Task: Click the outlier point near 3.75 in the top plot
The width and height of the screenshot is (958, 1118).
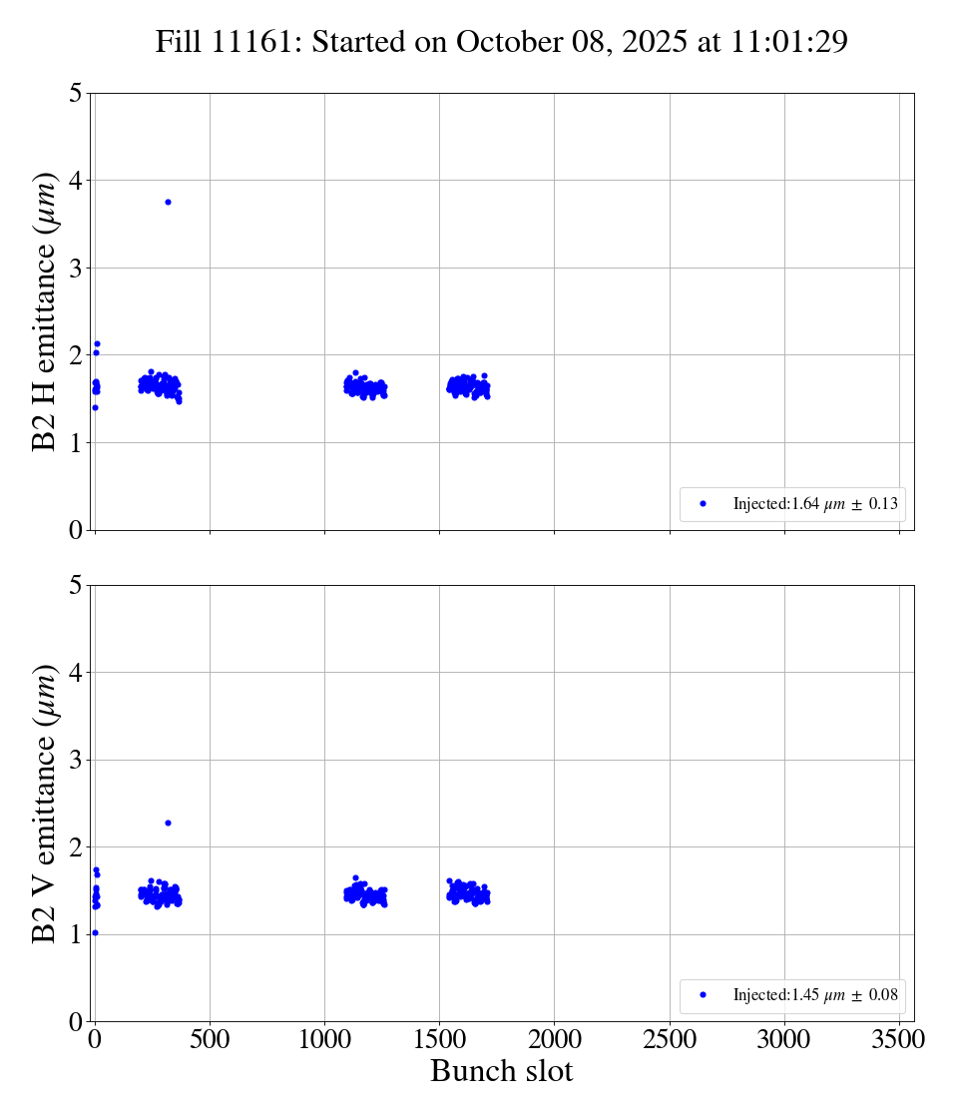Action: pyautogui.click(x=168, y=202)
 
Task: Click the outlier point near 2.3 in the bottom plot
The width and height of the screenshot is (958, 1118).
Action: pyautogui.click(x=168, y=823)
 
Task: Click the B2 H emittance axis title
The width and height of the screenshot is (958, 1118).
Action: pyautogui.click(x=45, y=311)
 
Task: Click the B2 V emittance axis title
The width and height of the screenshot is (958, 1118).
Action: pyautogui.click(x=45, y=803)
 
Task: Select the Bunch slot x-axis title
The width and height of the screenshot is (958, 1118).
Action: pyautogui.click(x=502, y=1071)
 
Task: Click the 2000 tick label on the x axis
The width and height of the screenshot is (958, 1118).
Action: pyautogui.click(x=555, y=1039)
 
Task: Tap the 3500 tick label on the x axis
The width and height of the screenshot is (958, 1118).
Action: pyautogui.click(x=899, y=1039)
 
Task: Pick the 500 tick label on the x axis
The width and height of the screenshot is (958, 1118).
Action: pyautogui.click(x=210, y=1039)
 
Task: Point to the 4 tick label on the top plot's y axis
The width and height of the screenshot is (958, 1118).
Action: pyautogui.click(x=76, y=181)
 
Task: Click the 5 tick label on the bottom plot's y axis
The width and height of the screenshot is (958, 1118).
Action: pyautogui.click(x=76, y=585)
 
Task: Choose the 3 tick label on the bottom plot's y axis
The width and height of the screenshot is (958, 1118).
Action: pyautogui.click(x=76, y=760)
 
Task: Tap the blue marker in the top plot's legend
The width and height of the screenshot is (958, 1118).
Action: pyautogui.click(x=703, y=504)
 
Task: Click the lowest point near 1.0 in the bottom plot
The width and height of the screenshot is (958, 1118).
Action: pyautogui.click(x=95, y=932)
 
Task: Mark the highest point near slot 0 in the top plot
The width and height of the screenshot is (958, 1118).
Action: pyautogui.click(x=97, y=343)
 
